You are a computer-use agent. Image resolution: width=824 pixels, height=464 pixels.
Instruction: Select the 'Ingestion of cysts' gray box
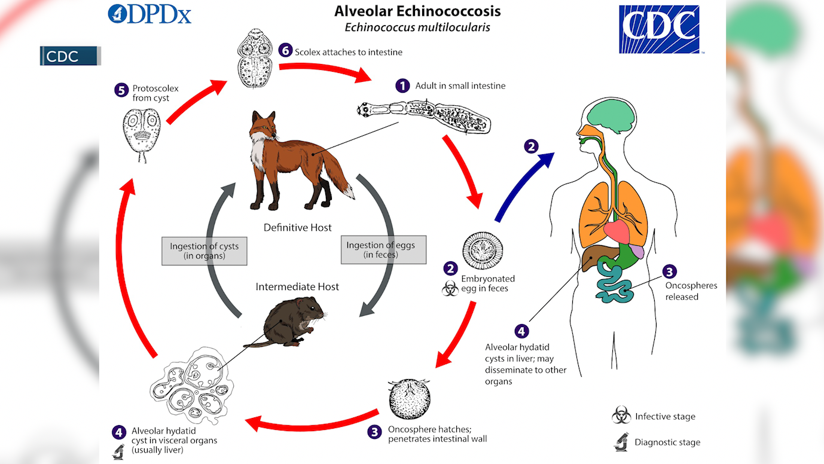pyautogui.click(x=205, y=251)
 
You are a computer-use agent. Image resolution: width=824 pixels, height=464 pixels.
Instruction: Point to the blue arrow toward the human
pyautogui.click(x=522, y=185)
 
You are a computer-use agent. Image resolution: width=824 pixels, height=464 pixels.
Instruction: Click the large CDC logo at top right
pyautogui.click(x=659, y=29)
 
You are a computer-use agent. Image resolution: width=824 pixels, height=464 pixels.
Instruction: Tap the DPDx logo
pyautogui.click(x=149, y=14)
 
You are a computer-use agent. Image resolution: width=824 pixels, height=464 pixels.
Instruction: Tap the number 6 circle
pyautogui.click(x=285, y=51)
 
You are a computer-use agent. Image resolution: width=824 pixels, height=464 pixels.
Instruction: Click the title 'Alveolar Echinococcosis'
pyautogui.click(x=417, y=11)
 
